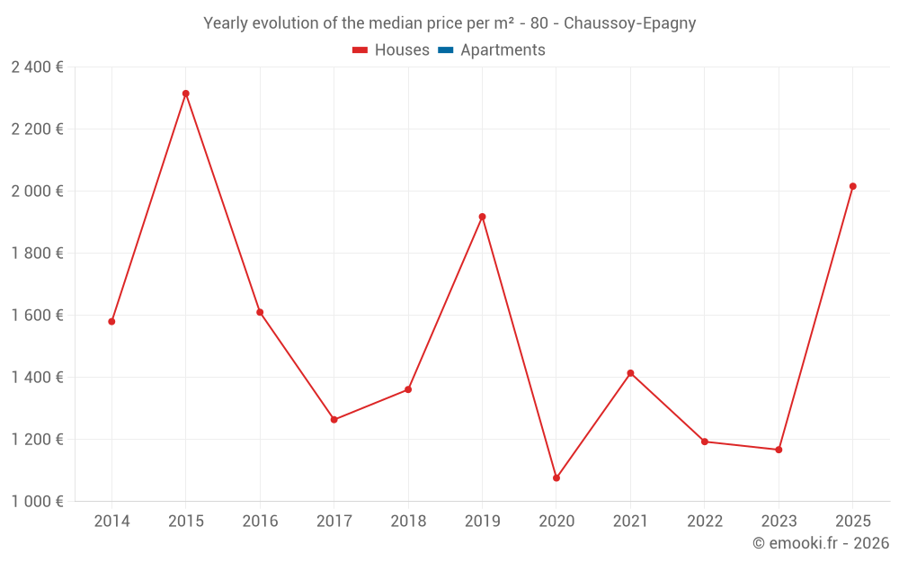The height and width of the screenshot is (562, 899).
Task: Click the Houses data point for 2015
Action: [186, 94]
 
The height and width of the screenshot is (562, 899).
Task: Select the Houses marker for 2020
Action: [556, 478]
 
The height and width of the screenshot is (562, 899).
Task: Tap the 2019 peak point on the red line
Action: [483, 217]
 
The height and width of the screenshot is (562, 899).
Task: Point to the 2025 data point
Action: [853, 186]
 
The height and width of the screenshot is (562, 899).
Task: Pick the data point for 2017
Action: [334, 420]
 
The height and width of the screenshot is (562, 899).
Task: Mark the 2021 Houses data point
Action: [630, 373]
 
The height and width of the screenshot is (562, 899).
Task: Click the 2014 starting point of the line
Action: [111, 321]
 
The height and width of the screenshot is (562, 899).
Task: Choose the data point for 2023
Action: [779, 450]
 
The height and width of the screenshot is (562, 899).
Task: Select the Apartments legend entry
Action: [503, 50]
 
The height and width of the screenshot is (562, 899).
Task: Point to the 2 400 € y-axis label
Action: [37, 67]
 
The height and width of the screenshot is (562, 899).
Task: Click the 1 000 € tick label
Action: [37, 501]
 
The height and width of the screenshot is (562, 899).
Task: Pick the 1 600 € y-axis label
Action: [37, 315]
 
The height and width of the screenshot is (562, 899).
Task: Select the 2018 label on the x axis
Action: [408, 522]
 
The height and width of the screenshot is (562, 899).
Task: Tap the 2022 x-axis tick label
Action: [705, 522]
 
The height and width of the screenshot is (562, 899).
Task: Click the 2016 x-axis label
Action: [260, 522]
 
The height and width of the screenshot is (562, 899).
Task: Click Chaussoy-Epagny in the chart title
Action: [629, 23]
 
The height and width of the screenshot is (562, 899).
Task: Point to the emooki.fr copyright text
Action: [821, 543]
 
